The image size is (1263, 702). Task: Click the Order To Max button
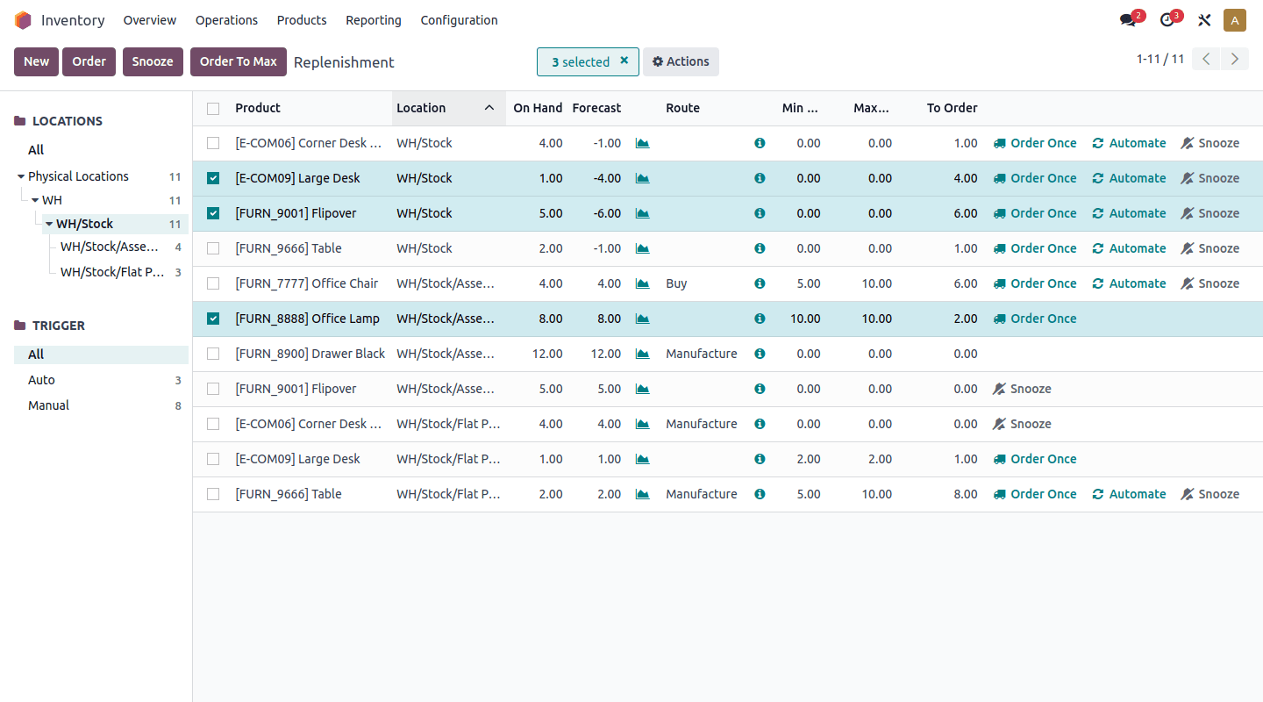point(238,61)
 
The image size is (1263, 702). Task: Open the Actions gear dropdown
point(681,61)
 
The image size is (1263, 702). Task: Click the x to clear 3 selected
point(624,61)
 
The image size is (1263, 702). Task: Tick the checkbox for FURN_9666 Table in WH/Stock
point(213,248)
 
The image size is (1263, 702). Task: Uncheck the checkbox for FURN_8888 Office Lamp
point(213,319)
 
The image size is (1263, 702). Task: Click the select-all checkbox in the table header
point(213,108)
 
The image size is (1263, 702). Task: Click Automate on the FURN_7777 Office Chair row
point(1129,283)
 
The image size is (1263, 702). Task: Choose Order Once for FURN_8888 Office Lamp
point(1035,319)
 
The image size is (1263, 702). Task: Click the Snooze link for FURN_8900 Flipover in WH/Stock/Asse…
point(1022,389)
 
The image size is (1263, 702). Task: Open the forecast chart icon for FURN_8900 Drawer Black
point(643,354)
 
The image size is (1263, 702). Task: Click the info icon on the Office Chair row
point(760,283)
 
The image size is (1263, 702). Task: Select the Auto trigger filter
point(41,380)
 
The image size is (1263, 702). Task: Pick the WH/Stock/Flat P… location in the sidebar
point(112,272)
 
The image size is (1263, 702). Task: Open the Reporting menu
point(374,20)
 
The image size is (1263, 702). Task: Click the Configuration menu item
point(459,20)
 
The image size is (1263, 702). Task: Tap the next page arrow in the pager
point(1235,59)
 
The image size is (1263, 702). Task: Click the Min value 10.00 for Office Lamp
point(804,319)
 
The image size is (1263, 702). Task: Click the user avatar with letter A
point(1235,20)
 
